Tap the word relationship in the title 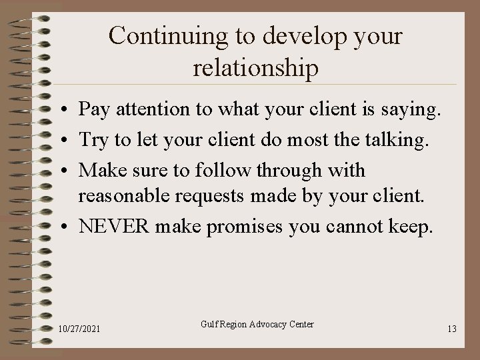pos(255,68)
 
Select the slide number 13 pos(452,329)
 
